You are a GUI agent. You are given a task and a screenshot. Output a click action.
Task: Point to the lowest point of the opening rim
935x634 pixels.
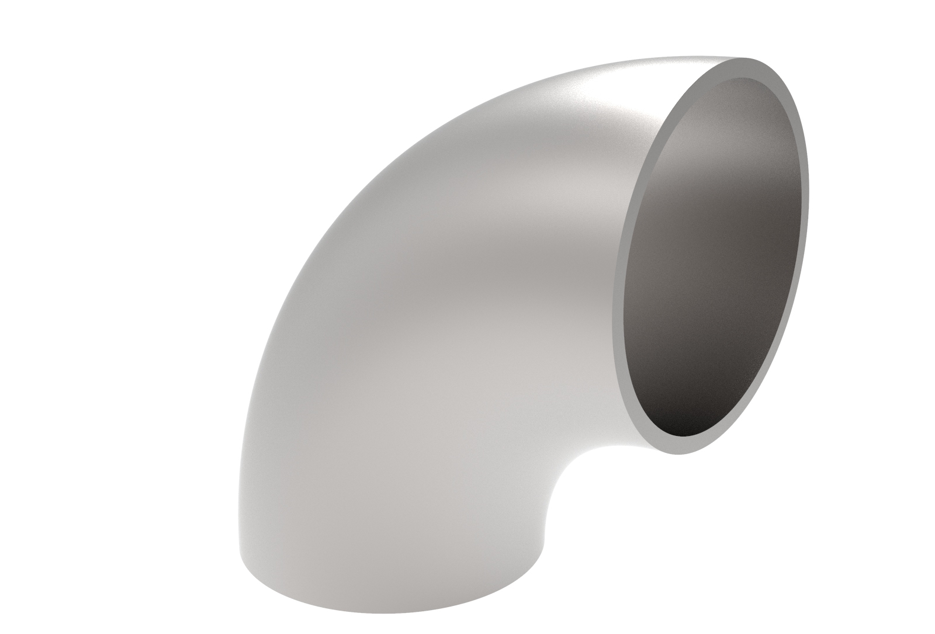pyautogui.click(x=684, y=452)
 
